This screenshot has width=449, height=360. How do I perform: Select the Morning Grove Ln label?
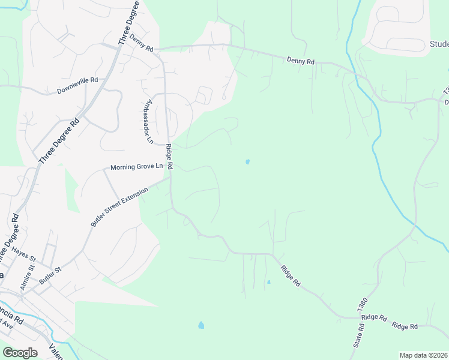pyautogui.click(x=136, y=167)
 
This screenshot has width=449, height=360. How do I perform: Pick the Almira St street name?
pyautogui.click(x=23, y=280)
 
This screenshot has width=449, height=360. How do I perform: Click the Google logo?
pyautogui.click(x=20, y=353)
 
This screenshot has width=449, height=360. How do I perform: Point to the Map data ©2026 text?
pyautogui.click(x=424, y=355)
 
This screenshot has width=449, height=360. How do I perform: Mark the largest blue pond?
pyautogui.click(x=200, y=325)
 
